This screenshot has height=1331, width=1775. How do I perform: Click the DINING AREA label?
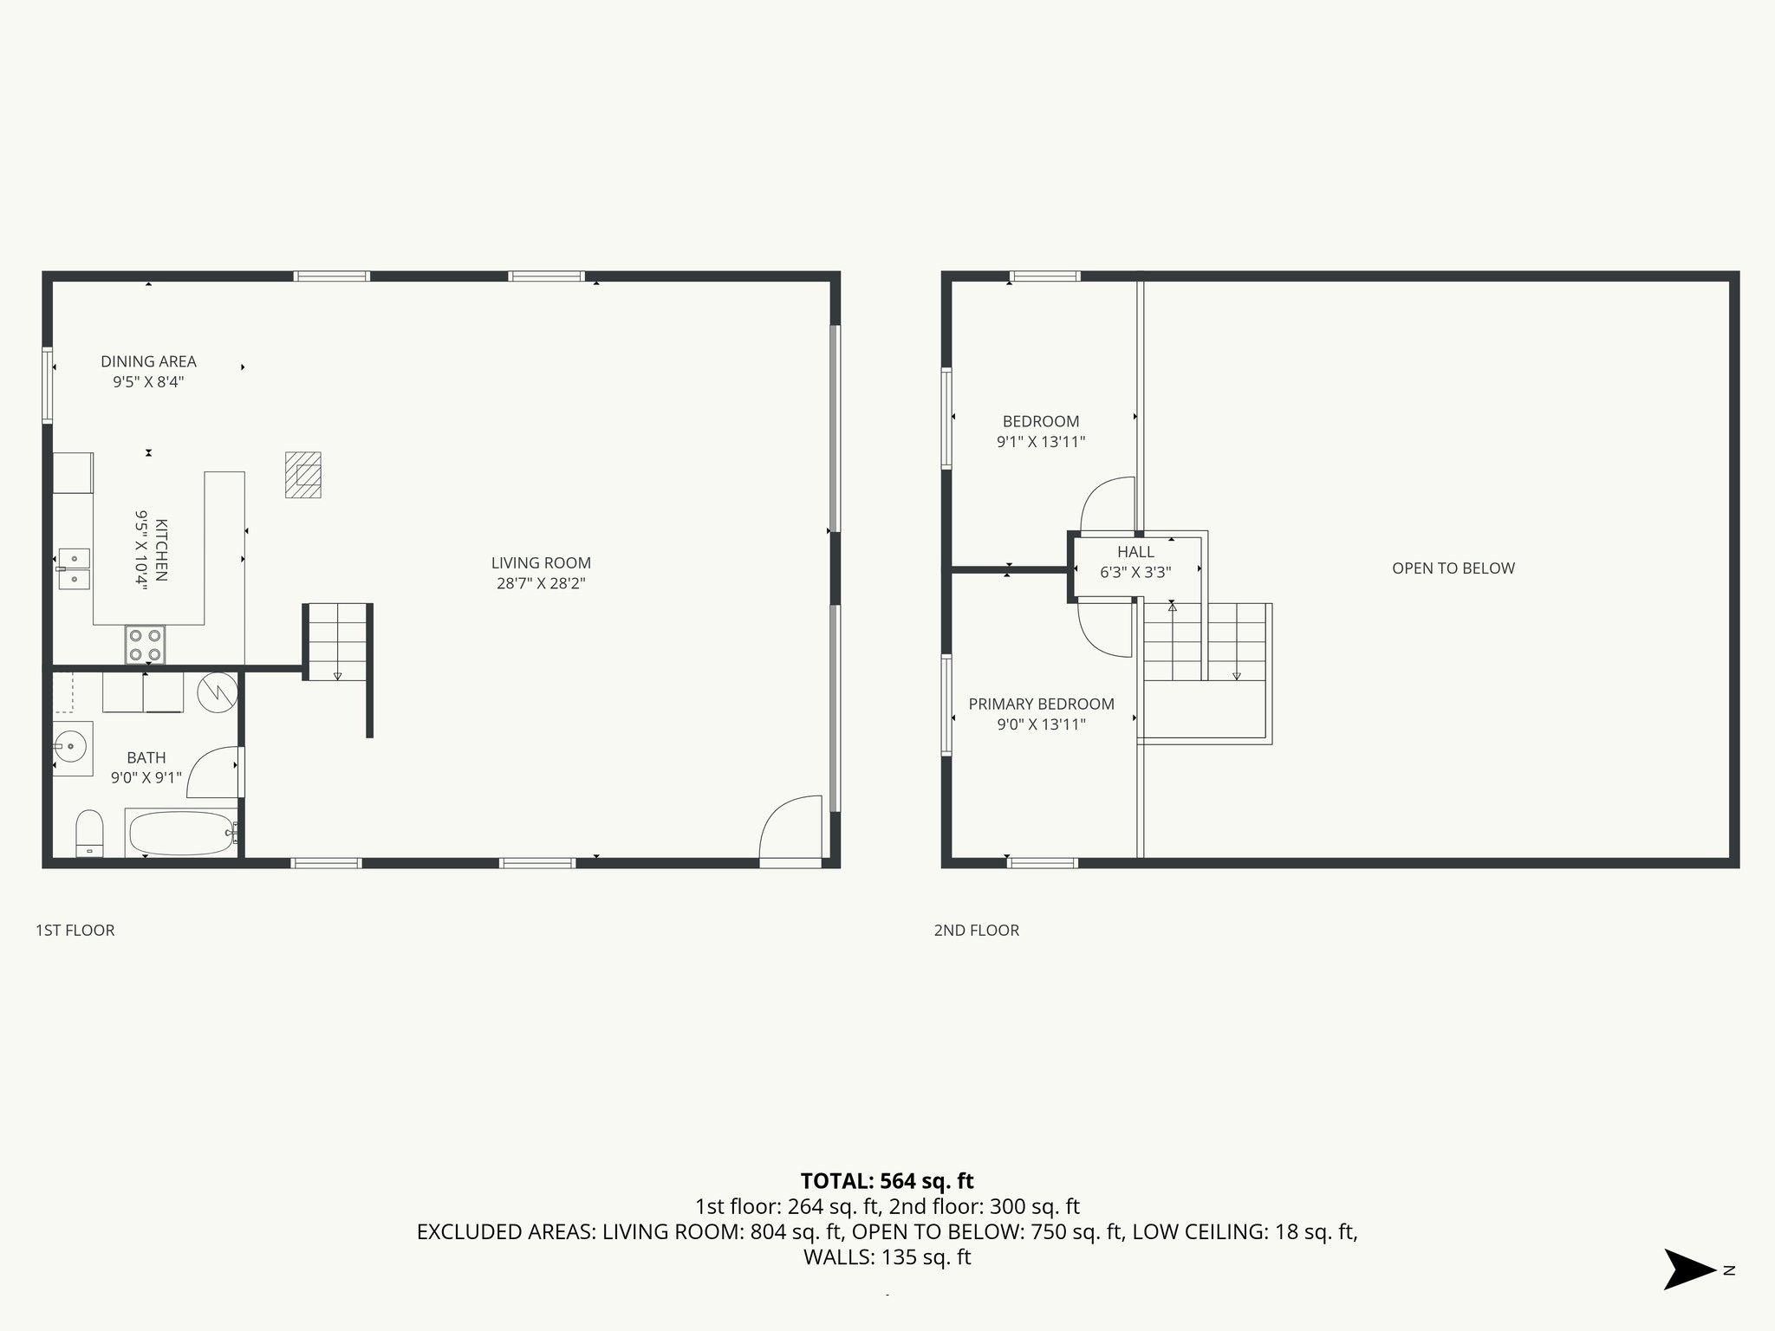[148, 362]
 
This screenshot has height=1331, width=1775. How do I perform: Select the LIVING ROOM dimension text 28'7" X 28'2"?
[541, 584]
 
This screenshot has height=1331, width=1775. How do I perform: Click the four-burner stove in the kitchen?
[145, 645]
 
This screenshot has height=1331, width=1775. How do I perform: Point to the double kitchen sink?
[75, 568]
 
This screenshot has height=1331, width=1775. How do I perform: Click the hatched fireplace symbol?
[303, 475]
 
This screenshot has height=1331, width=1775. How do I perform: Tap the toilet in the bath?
[89, 833]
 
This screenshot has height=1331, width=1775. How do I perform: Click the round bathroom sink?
[69, 744]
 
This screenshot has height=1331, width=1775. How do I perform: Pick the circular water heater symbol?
[217, 691]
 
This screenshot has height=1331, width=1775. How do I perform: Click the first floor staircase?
[337, 642]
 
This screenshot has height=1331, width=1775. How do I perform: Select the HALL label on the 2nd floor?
[1135, 552]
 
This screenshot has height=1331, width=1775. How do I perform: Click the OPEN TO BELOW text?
[1453, 568]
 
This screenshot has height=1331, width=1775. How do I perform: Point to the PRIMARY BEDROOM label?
[1041, 704]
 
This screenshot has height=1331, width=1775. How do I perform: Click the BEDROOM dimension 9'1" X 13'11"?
[1041, 442]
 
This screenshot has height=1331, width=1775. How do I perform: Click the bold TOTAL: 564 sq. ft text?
[887, 1181]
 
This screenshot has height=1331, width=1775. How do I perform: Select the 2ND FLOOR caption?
[976, 931]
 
